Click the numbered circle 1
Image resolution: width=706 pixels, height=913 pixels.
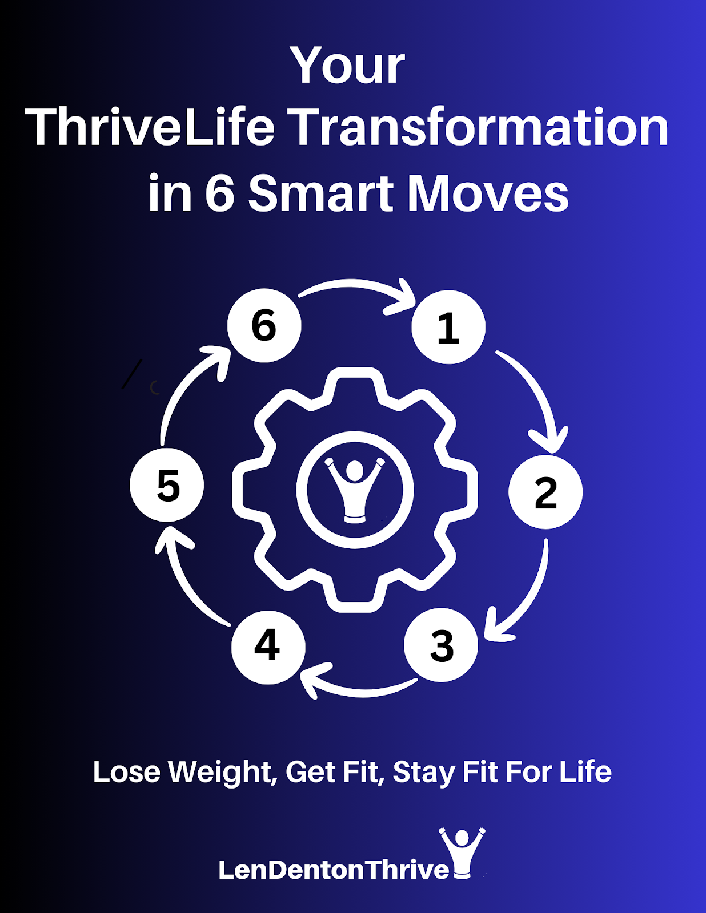tap(448, 328)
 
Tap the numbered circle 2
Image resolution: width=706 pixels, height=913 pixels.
tap(545, 492)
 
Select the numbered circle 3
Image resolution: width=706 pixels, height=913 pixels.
tap(441, 645)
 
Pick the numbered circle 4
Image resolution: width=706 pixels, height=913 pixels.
tap(268, 647)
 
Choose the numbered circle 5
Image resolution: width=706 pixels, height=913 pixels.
tap(167, 485)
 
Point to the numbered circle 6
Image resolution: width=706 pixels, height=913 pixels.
tap(264, 325)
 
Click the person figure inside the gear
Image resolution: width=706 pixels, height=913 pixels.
tap(355, 490)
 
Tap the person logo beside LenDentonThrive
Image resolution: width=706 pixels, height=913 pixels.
tap(462, 853)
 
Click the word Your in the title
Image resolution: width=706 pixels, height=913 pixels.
tap(347, 66)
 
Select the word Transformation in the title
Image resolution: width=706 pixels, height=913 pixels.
tap(480, 127)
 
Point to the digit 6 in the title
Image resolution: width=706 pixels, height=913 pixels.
tap(220, 193)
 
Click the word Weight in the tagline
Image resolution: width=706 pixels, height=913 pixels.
tap(222, 772)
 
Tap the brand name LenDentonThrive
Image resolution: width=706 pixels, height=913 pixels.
tap(334, 869)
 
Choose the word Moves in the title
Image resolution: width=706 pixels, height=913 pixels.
tap(488, 193)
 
